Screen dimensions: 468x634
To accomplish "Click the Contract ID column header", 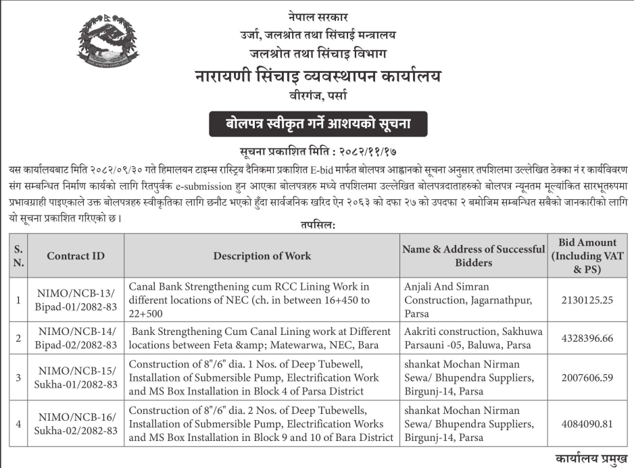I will tap(76, 256).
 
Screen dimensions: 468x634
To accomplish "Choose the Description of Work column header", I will tap(262, 256).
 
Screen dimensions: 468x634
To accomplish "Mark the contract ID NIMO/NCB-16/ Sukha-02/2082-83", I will tap(76, 423).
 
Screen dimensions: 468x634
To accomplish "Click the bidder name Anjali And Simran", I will tap(446, 287).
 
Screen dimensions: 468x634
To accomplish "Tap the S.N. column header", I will tap(18, 256).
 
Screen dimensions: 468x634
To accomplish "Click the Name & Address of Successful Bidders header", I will tap(473, 256).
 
